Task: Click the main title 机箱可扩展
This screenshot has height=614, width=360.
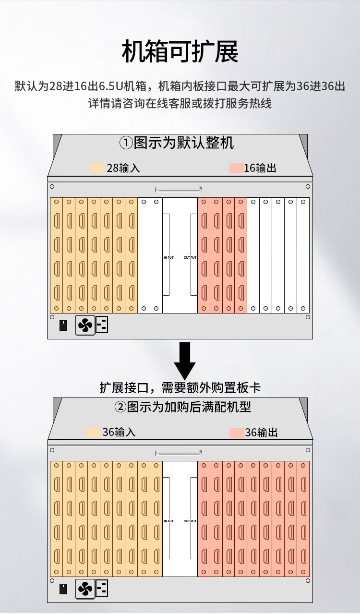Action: [180, 51]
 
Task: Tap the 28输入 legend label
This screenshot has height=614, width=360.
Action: [123, 168]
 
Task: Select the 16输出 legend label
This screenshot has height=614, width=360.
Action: [260, 168]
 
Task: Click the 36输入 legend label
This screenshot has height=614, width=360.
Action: [119, 432]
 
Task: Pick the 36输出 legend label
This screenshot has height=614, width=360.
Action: [261, 433]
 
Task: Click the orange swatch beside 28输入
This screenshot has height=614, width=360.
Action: [97, 168]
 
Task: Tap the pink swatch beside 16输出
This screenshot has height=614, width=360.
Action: [237, 168]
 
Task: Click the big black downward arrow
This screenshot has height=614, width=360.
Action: [185, 361]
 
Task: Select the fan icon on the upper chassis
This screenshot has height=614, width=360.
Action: [85, 325]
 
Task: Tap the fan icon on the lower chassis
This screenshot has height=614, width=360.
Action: [85, 589]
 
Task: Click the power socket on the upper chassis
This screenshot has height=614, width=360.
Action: [102, 325]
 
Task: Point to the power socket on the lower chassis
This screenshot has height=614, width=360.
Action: [102, 588]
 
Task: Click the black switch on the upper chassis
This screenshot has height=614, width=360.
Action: [63, 325]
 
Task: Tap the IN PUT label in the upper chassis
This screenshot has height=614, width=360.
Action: [169, 258]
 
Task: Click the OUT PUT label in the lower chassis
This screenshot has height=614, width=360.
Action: [190, 521]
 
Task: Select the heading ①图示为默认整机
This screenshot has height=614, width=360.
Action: [177, 143]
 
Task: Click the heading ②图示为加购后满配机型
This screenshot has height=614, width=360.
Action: [182, 407]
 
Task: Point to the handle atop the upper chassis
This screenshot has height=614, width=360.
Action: [178, 189]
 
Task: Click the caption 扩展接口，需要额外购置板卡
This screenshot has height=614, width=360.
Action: [180, 388]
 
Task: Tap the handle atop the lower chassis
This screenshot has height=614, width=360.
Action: [178, 453]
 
